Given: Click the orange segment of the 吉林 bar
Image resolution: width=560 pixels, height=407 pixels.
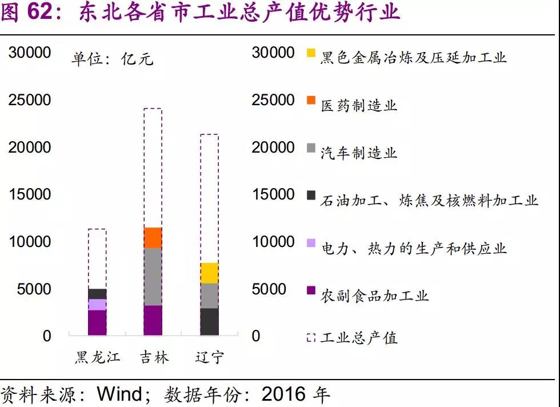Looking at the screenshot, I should point(153,238).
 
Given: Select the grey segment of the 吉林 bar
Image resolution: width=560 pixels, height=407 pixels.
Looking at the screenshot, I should point(153,277).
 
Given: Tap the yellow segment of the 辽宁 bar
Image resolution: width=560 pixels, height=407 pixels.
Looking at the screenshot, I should point(210,273).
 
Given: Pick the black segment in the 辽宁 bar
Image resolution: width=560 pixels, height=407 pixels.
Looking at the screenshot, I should point(210,321).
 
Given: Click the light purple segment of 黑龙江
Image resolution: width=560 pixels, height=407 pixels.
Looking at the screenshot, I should point(97,305).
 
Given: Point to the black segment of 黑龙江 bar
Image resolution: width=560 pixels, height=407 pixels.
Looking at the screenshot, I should point(97,294).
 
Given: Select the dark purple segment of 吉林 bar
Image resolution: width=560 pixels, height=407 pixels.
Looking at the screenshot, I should point(153,320).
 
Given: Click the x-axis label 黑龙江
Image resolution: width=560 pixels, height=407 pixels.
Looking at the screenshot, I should point(98,358).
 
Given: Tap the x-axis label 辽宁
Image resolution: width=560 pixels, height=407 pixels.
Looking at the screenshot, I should point(209,358).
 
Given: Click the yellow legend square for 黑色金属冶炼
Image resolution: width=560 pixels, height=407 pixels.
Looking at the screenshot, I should point(311,53).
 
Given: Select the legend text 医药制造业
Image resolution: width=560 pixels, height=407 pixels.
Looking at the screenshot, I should point(358,105).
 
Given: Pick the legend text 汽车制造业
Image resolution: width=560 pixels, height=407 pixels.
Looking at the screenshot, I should point(358,153).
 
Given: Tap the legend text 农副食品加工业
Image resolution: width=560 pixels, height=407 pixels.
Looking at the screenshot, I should point(374,295).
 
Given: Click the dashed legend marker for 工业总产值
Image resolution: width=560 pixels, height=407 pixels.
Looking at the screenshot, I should point(311,337).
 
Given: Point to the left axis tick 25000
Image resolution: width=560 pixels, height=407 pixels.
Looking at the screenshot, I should point(30,100).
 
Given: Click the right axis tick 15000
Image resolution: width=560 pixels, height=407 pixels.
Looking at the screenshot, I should point(273,194).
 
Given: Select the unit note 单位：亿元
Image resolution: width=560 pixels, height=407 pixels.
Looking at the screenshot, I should point(112,59).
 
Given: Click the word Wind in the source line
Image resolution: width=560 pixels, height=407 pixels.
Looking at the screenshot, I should point(121,394).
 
